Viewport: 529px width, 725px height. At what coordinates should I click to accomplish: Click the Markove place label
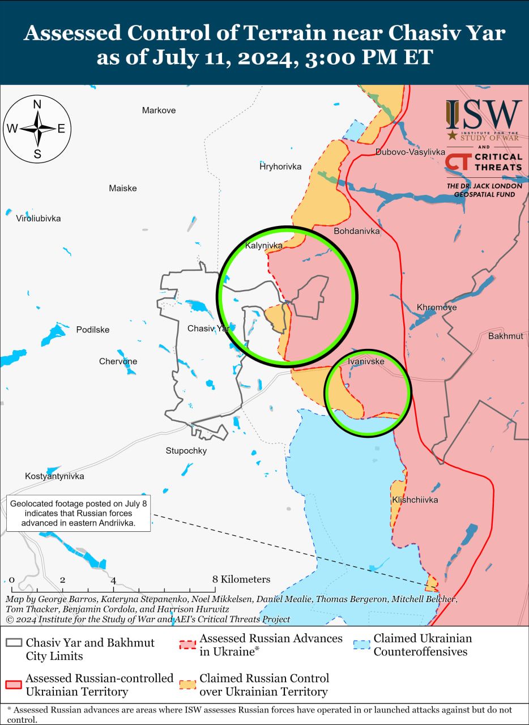pos(159,110)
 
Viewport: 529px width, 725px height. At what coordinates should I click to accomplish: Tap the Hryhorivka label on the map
pos(280,167)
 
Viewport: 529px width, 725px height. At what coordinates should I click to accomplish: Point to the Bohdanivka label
pos(357,231)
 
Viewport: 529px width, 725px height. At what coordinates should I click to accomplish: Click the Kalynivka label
pos(263,245)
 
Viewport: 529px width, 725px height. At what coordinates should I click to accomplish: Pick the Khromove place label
pos(437,307)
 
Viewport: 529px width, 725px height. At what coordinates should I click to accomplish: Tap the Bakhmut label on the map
pos(505,336)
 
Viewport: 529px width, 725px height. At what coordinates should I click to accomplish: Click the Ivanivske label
pos(366,361)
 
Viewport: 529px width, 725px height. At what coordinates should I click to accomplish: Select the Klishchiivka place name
pos(415,500)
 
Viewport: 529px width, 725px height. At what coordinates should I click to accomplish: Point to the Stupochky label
pos(186,451)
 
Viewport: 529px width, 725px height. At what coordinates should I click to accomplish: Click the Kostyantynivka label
pos(54,476)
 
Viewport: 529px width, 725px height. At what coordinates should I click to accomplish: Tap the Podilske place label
pos(93,330)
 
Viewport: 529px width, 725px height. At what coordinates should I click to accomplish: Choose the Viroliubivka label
pos(39,218)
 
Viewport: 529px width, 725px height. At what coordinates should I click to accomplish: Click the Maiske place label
pos(123,188)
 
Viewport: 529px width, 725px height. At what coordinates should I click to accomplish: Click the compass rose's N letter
pos(37,104)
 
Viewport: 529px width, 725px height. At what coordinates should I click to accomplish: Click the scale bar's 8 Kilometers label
pos(241,579)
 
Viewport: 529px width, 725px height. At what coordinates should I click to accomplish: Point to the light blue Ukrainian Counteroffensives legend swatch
pos(361,645)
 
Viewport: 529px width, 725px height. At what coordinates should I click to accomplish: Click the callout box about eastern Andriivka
pos(79,513)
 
